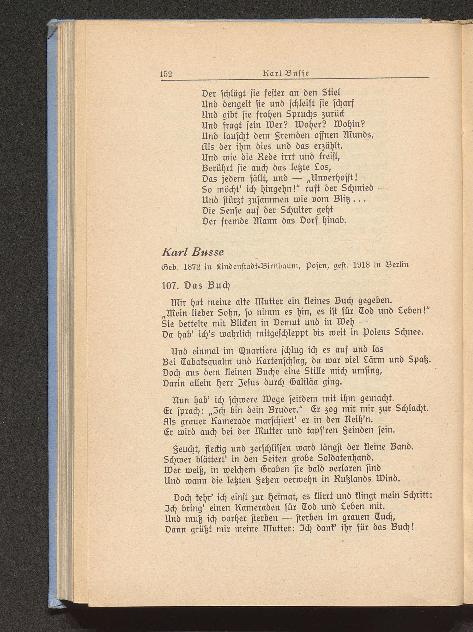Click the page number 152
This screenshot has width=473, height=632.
point(166,74)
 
